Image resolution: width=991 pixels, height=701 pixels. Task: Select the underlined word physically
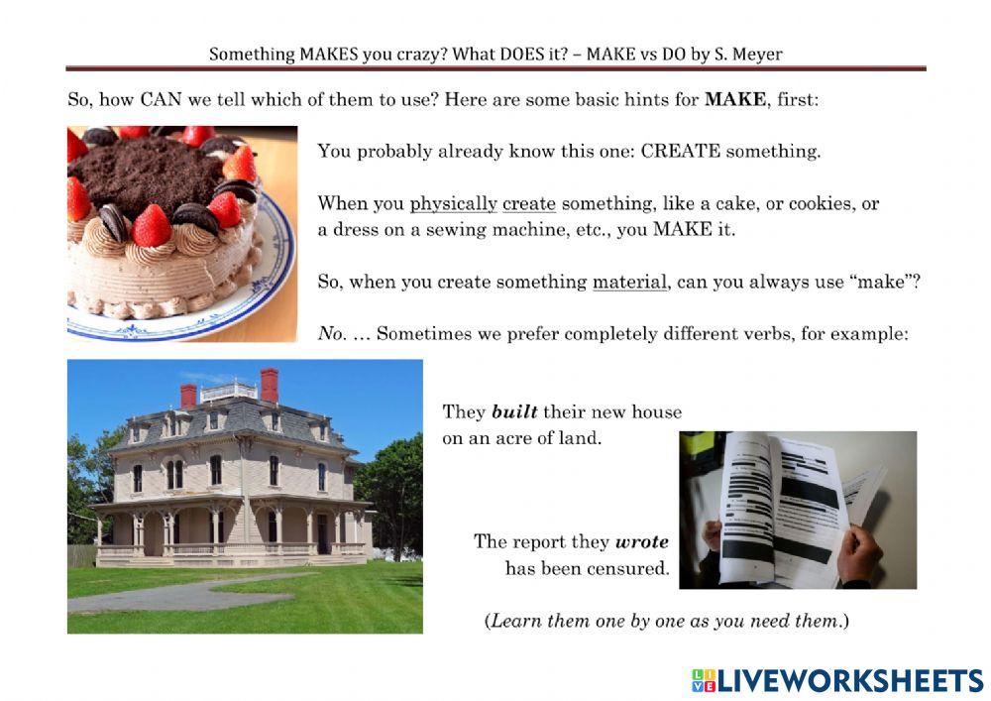coord(453,204)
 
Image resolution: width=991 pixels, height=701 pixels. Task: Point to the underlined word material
coord(629,282)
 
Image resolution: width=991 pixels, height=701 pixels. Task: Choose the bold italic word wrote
coord(642,541)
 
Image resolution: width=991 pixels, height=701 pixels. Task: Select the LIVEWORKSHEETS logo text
coord(850,680)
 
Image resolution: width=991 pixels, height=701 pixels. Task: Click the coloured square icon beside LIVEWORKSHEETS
coord(703,680)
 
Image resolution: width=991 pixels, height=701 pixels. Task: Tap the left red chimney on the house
coord(188,396)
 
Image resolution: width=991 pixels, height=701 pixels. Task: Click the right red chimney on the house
coord(269,384)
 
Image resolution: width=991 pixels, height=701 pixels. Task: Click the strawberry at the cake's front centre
coord(152,226)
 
